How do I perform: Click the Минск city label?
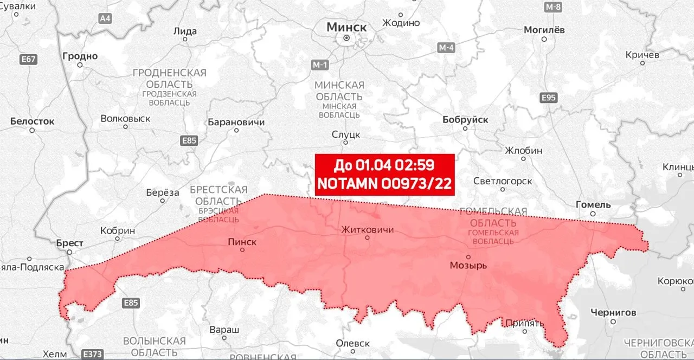346,27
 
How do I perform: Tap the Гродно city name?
80,56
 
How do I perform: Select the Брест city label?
70,243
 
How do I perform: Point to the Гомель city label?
593,204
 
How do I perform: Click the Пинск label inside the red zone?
242,242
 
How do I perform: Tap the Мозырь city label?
468,266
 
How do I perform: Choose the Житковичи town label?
367,230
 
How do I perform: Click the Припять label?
524,324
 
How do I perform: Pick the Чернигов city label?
613,312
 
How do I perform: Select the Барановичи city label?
236,122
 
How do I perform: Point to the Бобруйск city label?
465,120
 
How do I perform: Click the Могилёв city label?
544,30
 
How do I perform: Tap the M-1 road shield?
320,65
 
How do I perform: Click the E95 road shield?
549,98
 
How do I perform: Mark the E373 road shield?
92,354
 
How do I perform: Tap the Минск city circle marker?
346,38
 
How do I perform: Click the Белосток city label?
33,121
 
